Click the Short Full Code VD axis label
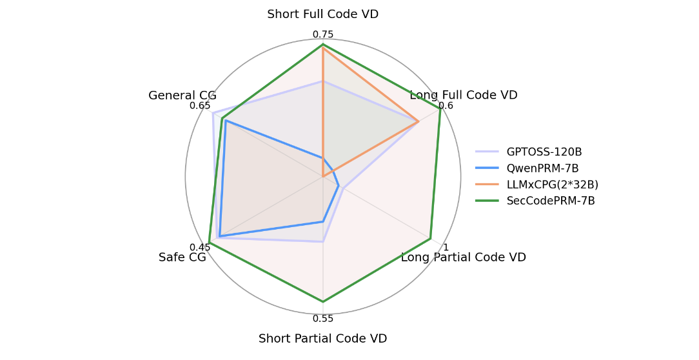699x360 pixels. pyautogui.click(x=322, y=14)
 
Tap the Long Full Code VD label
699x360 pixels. pyautogui.click(x=463, y=95)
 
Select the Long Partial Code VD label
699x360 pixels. pyautogui.click(x=463, y=257)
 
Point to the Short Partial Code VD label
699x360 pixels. pyautogui.click(x=322, y=339)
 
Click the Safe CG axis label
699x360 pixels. pyautogui.click(x=182, y=257)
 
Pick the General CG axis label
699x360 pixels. pyautogui.click(x=182, y=95)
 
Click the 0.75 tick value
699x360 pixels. pyautogui.click(x=323, y=34)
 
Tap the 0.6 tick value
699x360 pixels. pyautogui.click(x=446, y=106)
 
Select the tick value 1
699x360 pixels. pyautogui.click(x=446, y=247)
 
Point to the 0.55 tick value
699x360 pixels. pyautogui.click(x=323, y=319)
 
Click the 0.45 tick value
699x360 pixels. pyautogui.click(x=200, y=247)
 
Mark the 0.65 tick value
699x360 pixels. pyautogui.click(x=200, y=106)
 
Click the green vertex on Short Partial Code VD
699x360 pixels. pyautogui.click(x=323, y=301)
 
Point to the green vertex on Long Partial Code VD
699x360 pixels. pyautogui.click(x=430, y=239)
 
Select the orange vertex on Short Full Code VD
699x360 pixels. pyautogui.click(x=323, y=48)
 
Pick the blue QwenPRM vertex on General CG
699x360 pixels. pyautogui.click(x=226, y=121)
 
